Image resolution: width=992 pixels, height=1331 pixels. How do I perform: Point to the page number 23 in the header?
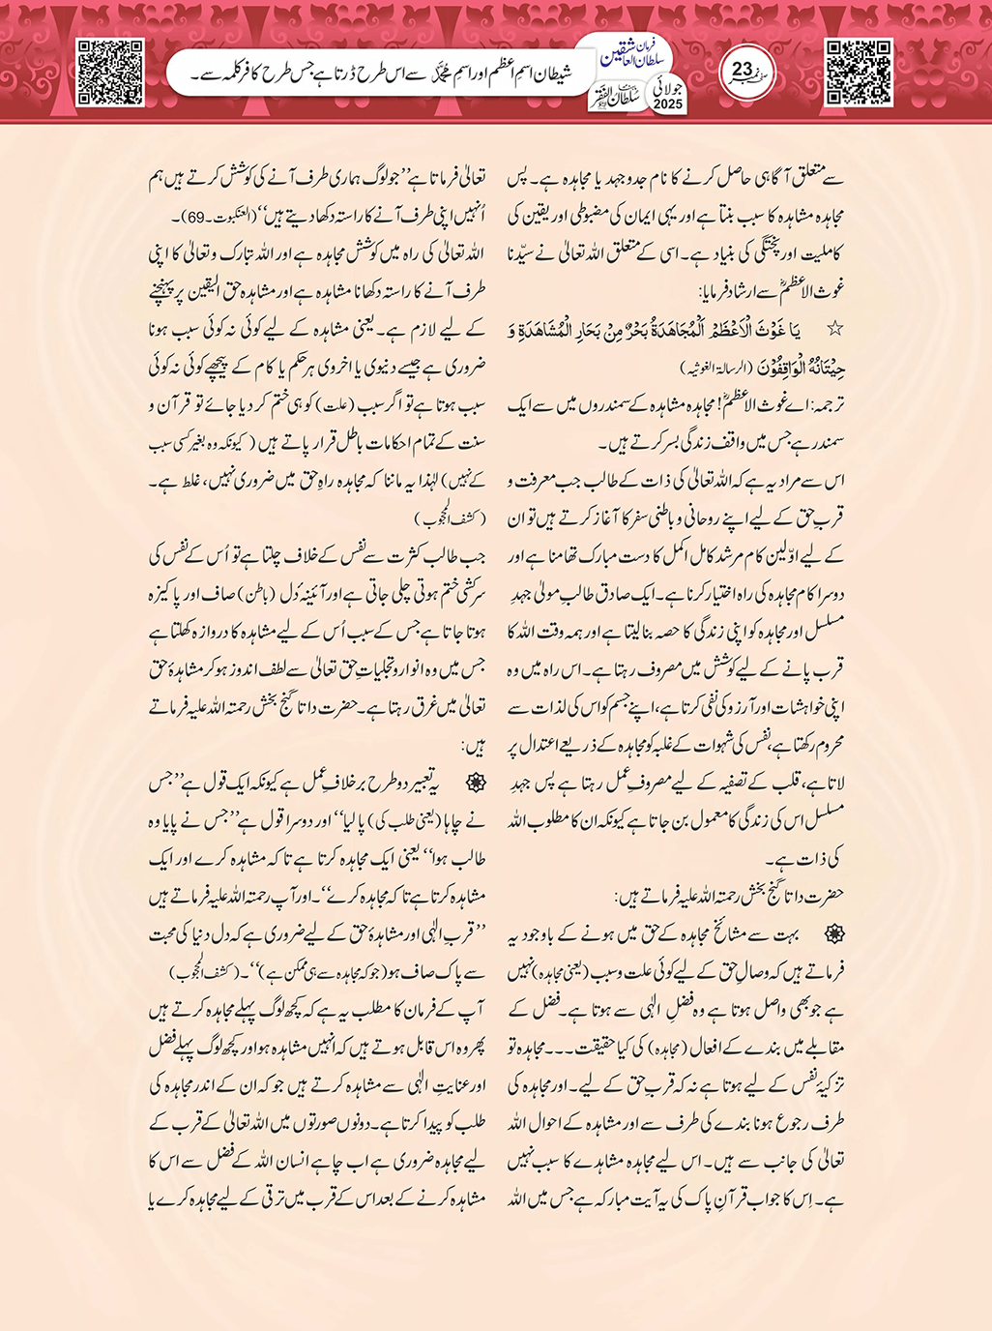coord(743,71)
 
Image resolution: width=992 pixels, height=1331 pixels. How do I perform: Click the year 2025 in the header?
coord(667,104)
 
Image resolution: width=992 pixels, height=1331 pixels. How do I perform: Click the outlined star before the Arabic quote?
coord(834,330)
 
